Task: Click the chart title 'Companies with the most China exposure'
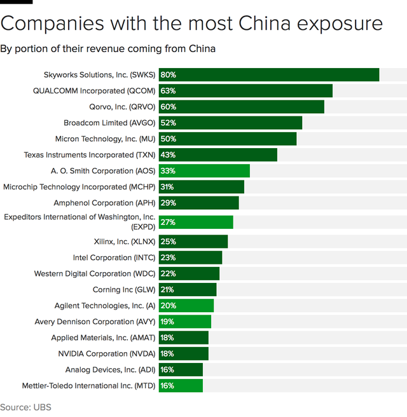click(191, 24)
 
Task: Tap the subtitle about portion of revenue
click(107, 49)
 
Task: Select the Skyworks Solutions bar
click(269, 75)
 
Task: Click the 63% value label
click(169, 91)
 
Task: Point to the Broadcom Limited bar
click(230, 123)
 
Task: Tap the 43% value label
click(169, 154)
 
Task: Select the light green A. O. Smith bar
click(204, 170)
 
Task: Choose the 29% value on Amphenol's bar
click(169, 203)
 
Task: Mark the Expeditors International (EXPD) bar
click(196, 222)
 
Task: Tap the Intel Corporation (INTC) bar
click(190, 257)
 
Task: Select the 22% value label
click(169, 273)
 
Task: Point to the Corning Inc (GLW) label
click(124, 290)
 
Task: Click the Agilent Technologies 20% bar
click(186, 306)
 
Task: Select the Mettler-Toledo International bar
click(181, 386)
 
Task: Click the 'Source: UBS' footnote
click(25, 407)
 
